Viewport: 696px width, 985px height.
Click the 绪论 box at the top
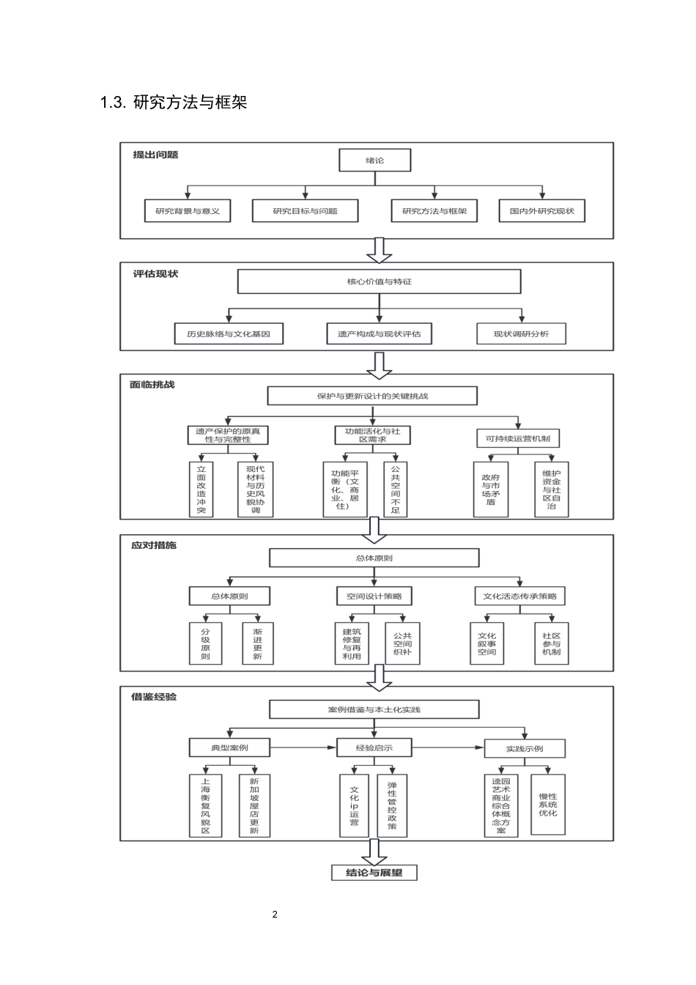coord(374,161)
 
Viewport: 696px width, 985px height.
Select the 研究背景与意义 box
coord(188,211)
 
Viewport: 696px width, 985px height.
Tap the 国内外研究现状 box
coord(542,211)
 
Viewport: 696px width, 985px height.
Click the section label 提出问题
coord(155,155)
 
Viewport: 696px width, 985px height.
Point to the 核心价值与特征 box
coord(379,281)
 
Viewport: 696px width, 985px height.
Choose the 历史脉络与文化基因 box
coord(229,333)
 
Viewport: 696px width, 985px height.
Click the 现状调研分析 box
coord(521,333)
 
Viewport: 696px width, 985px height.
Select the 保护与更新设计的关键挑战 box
coord(372,396)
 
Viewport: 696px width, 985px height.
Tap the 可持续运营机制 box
coord(518,439)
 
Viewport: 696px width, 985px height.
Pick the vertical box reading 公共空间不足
coord(396,489)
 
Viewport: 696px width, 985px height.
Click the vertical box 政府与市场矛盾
coord(491,489)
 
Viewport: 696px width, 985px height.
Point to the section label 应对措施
coord(154,545)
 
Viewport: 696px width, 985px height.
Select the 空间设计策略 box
coord(374,596)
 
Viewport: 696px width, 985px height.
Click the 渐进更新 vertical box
coord(257,643)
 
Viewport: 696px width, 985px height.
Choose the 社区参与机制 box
coord(552,643)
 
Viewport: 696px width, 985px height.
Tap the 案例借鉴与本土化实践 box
coord(374,709)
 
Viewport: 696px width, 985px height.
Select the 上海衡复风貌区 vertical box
coord(205,805)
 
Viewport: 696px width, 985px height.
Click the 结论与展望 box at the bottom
coord(374,873)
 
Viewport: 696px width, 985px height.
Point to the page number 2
coord(275,914)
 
